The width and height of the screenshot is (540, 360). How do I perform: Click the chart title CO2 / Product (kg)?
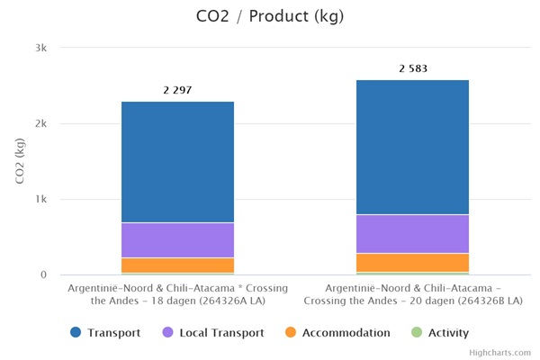coord(269,16)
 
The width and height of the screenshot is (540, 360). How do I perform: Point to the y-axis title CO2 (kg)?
coord(20,162)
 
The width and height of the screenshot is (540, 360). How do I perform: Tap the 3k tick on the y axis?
coord(41,48)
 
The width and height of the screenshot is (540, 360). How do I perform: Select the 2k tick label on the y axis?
coord(41,123)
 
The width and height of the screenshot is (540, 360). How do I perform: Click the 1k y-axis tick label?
coord(41,199)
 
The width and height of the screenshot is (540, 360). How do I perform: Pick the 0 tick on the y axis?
coord(44,274)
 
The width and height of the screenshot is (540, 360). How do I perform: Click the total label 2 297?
coord(177,90)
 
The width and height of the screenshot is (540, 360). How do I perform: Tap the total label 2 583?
coord(412,68)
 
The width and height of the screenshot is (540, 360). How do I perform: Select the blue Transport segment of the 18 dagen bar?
coord(177,162)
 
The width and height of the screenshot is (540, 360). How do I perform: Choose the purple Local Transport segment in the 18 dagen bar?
coord(177,240)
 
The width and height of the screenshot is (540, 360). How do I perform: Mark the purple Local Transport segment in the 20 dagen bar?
coord(412,234)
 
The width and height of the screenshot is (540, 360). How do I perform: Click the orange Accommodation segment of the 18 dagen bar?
coord(177,265)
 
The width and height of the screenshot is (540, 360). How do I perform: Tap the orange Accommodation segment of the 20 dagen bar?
coord(412,262)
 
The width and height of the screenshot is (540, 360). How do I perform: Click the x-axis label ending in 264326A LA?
coord(177,293)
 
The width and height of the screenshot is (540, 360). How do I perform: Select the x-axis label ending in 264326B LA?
coord(412,293)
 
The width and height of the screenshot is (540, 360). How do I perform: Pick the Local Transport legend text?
coord(221,333)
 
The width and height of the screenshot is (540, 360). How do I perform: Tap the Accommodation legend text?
coord(346,333)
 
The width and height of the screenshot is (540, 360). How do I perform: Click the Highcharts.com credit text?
coord(500,353)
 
